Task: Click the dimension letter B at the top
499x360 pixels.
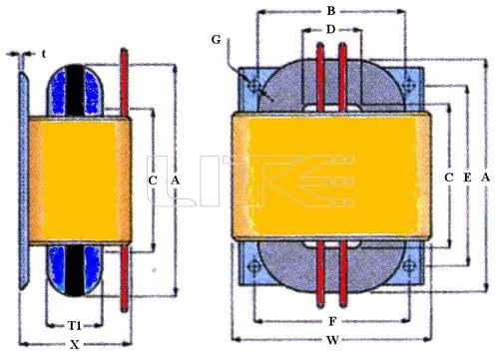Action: (x=330, y=11)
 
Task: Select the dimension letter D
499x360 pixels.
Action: (x=330, y=30)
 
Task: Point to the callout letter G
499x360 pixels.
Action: (x=216, y=40)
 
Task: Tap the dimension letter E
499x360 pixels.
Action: (x=467, y=178)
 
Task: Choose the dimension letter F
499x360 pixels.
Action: (x=332, y=321)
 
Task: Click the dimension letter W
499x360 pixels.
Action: (x=332, y=340)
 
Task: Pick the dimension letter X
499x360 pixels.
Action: (x=75, y=345)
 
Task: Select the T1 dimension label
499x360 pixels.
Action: (x=75, y=325)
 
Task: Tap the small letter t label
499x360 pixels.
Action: (x=44, y=54)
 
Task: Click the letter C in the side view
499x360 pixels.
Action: (x=153, y=180)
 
